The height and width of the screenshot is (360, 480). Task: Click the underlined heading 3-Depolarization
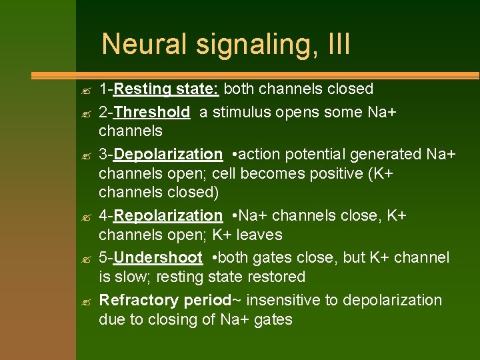tap(161, 155)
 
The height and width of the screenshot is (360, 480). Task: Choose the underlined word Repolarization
tap(168, 215)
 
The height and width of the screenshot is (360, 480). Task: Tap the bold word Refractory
tap(139, 300)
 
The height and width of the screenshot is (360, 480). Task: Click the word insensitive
tap(285, 300)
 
